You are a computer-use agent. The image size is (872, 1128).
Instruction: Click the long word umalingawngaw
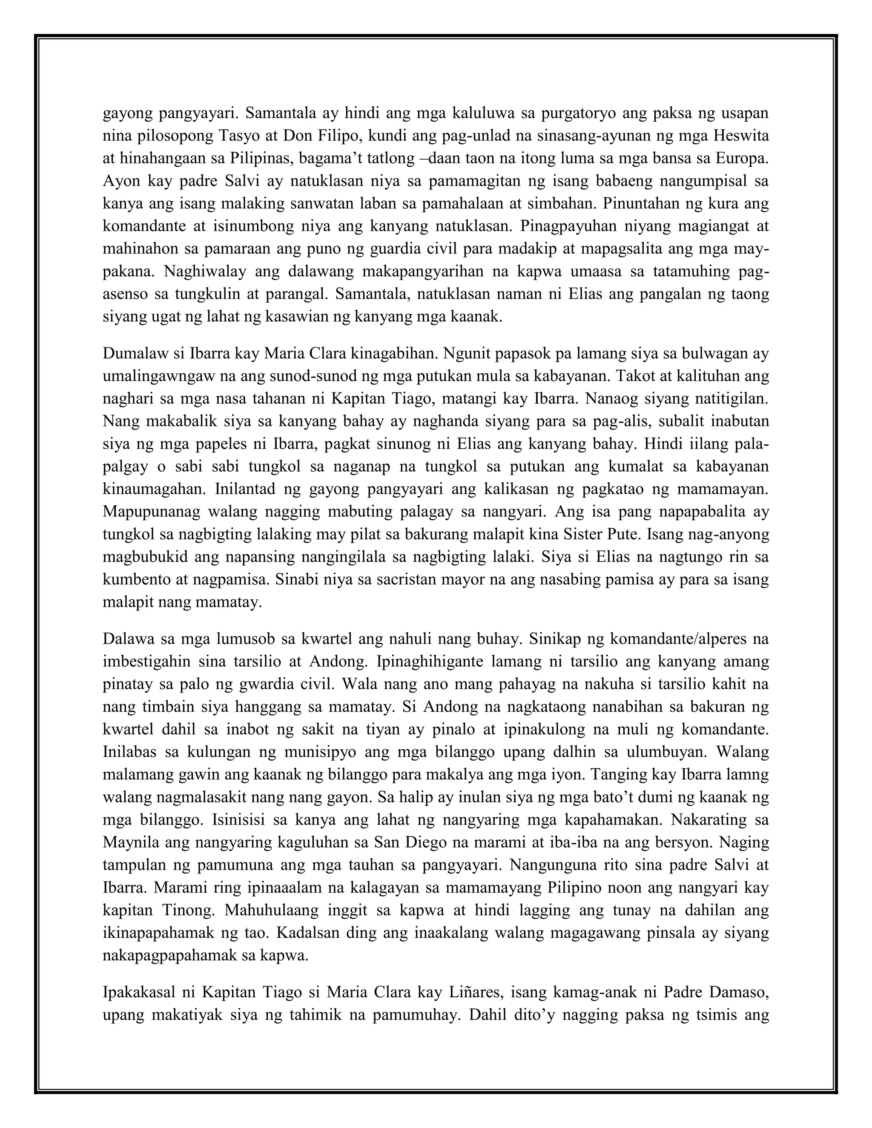(166, 377)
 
